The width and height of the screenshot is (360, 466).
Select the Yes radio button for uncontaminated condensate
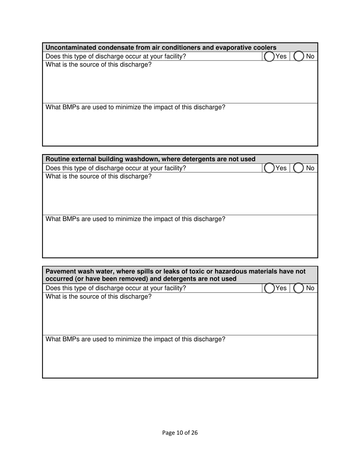(269, 56)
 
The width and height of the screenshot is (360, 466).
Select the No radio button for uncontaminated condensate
(299, 56)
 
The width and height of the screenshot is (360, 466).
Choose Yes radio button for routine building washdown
(269, 168)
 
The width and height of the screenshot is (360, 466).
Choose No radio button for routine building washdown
(299, 168)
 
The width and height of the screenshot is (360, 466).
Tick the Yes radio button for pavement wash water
(269, 288)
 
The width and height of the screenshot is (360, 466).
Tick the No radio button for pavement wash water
(299, 288)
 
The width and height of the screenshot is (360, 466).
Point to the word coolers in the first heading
(264, 47)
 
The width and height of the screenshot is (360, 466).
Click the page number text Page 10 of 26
(180, 433)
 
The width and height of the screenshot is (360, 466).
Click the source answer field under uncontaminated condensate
(180, 85)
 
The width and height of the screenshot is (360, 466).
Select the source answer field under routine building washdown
(180, 197)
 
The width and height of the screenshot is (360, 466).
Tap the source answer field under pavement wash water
(180, 317)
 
